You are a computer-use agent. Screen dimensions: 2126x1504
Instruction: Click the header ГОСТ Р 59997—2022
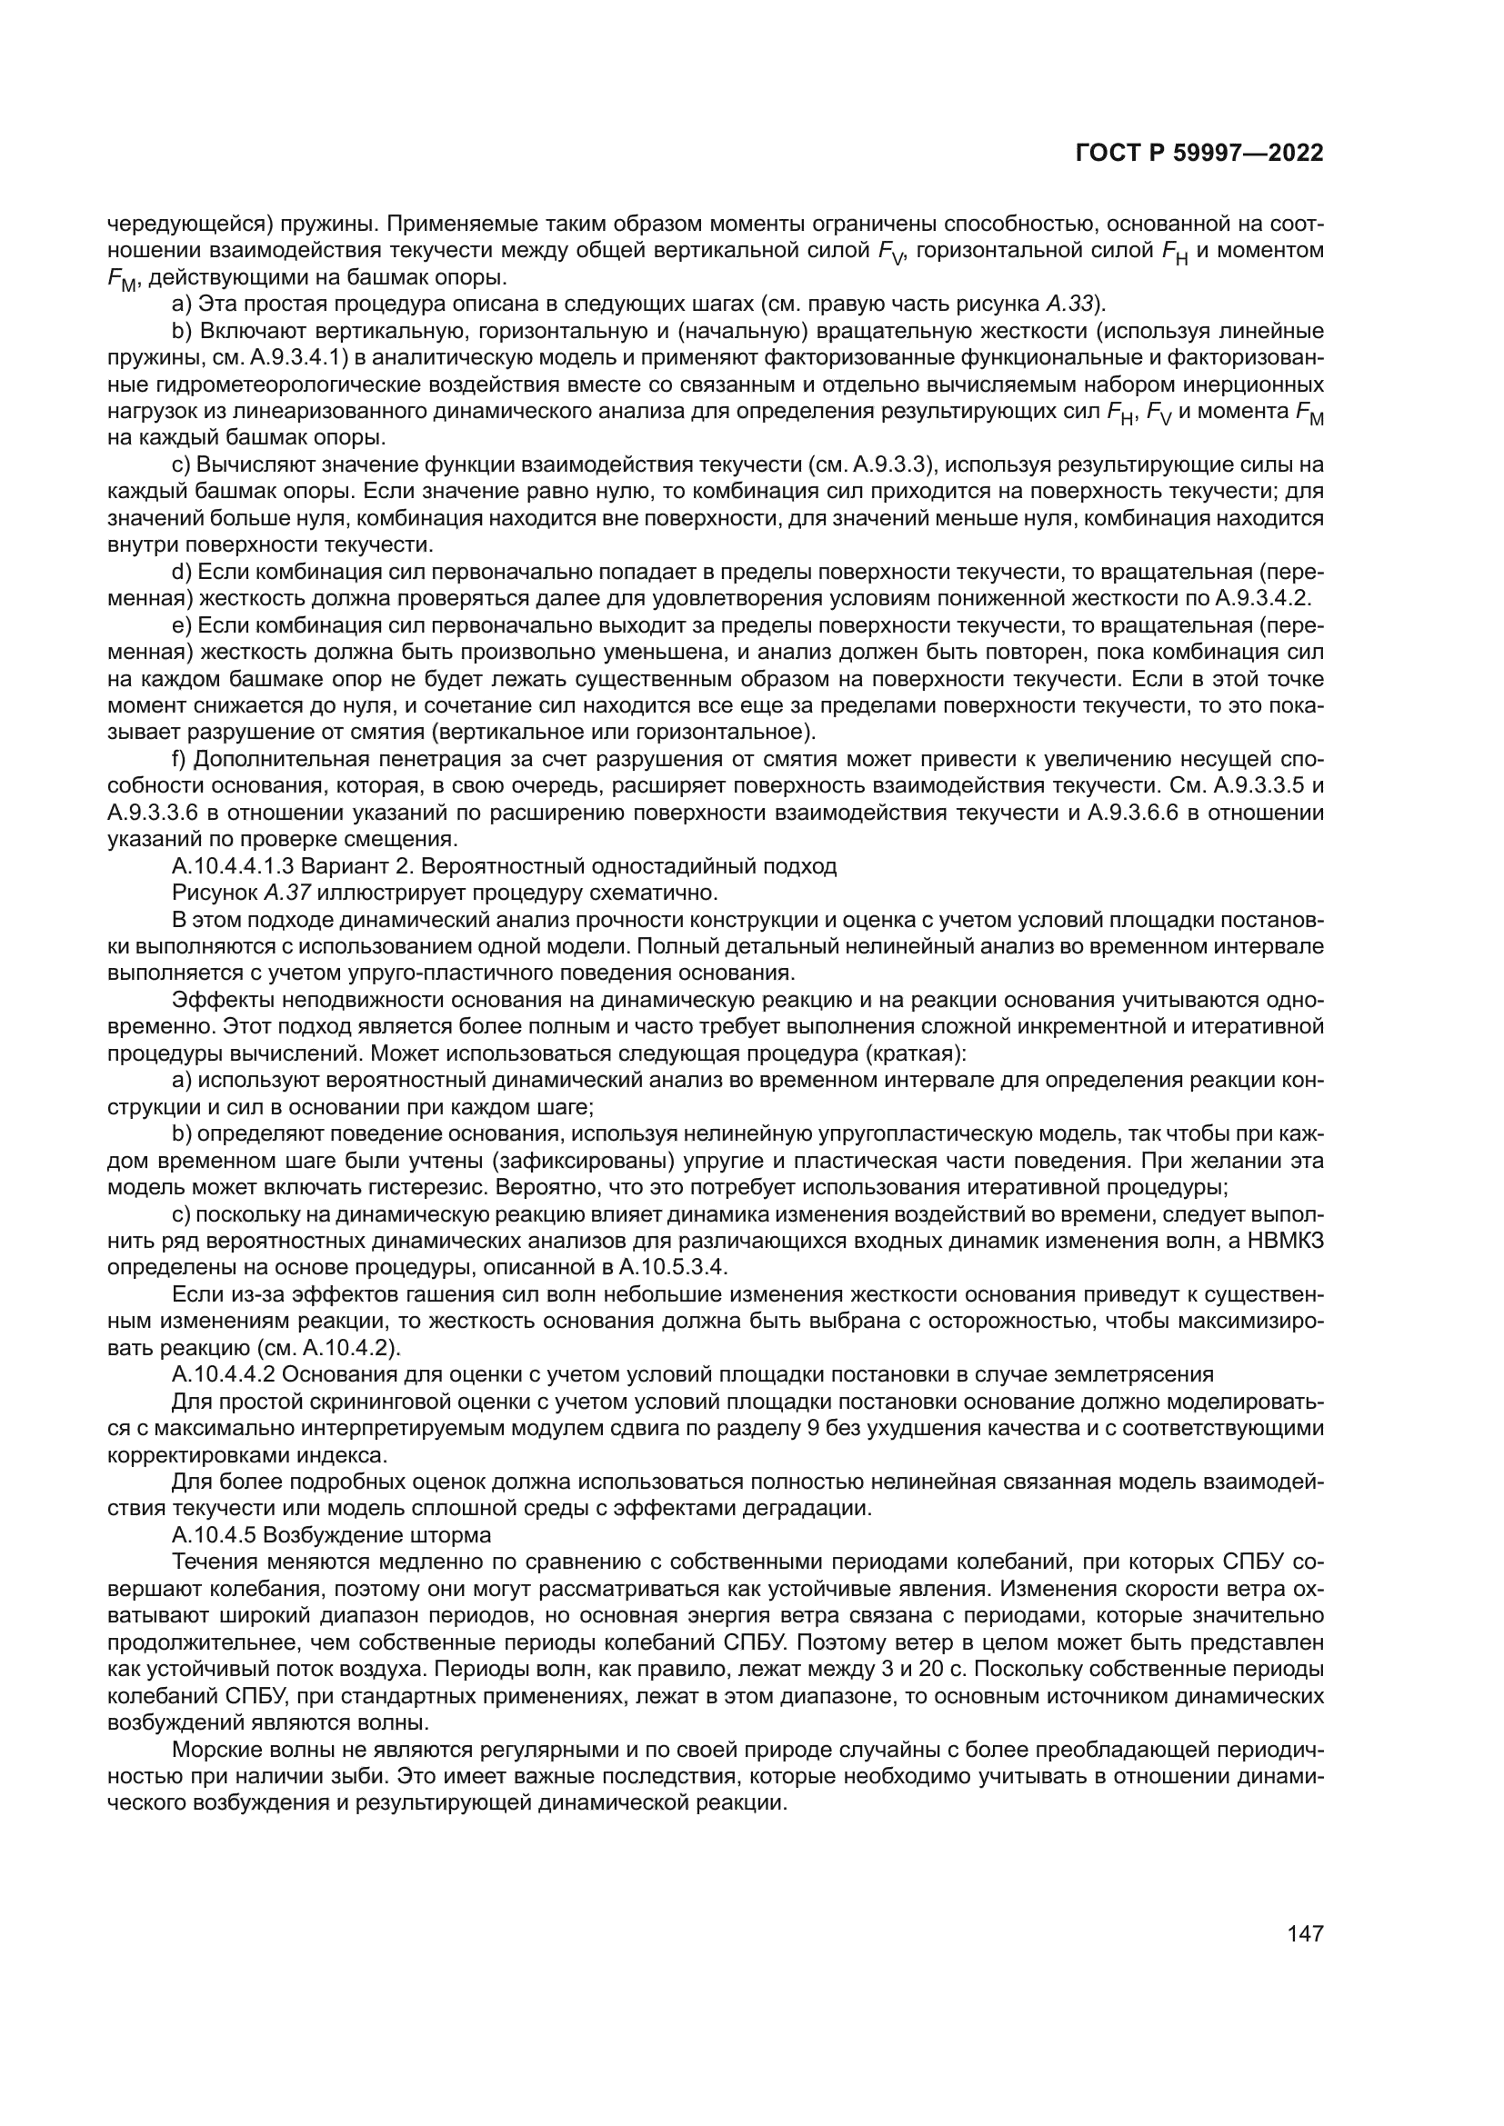point(1199,154)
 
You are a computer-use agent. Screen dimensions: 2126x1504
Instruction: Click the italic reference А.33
point(1069,304)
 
